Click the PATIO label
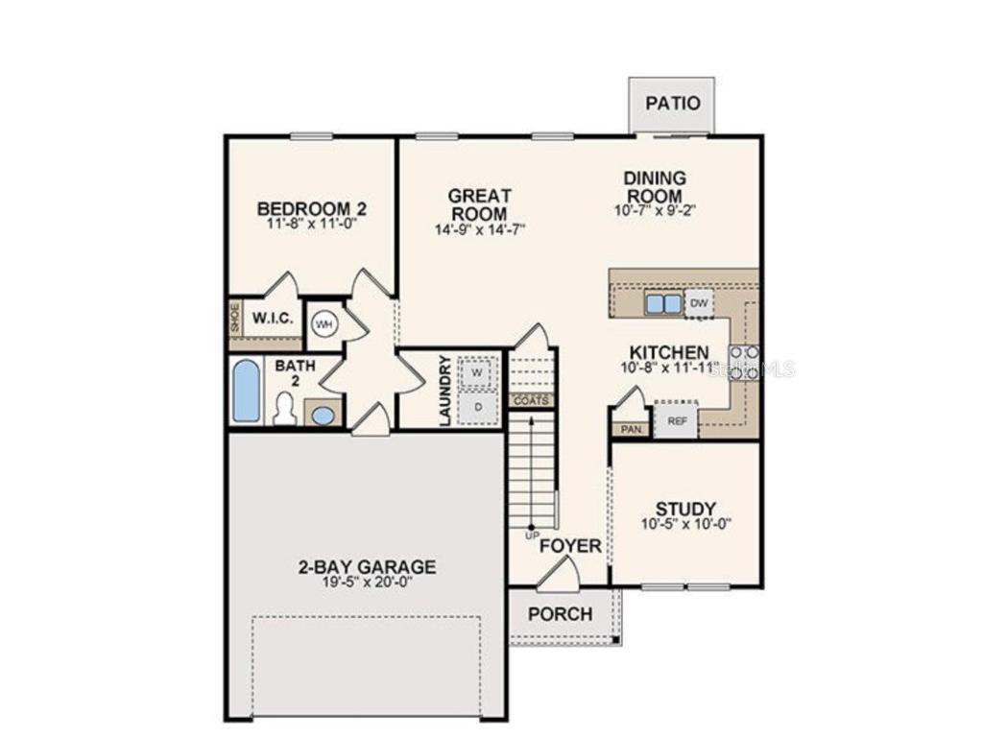[672, 104]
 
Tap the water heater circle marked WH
[324, 324]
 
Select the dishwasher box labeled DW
[700, 303]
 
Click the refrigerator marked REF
[676, 420]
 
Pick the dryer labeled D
[476, 408]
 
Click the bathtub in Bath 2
[247, 391]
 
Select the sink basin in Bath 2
[324, 415]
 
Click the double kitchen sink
[663, 304]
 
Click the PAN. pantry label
[630, 429]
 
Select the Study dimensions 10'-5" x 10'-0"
[686, 524]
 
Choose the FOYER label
[570, 546]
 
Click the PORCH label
[560, 614]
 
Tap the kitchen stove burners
[744, 362]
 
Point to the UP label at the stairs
[532, 535]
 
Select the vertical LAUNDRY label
[444, 390]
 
